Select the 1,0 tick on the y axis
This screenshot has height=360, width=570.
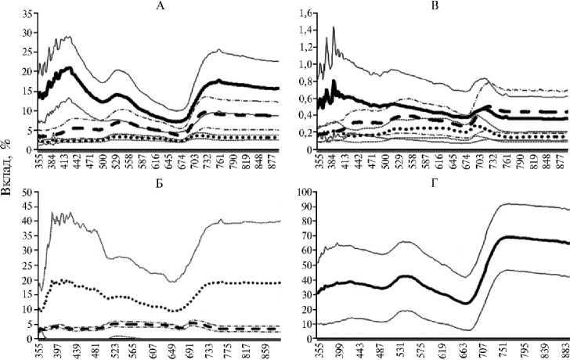[x=301, y=64]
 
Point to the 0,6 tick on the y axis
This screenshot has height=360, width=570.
[x=301, y=99]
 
